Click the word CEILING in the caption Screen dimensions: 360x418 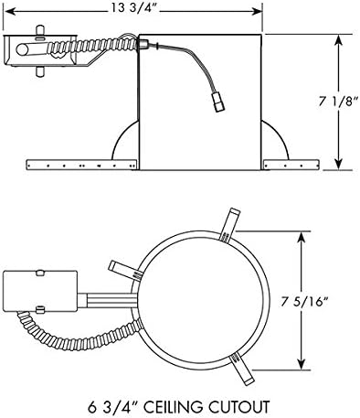(188, 403)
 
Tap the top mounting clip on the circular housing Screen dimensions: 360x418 (229, 222)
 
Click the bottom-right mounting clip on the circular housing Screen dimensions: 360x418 (241, 369)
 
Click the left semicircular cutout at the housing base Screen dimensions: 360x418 (124, 147)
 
